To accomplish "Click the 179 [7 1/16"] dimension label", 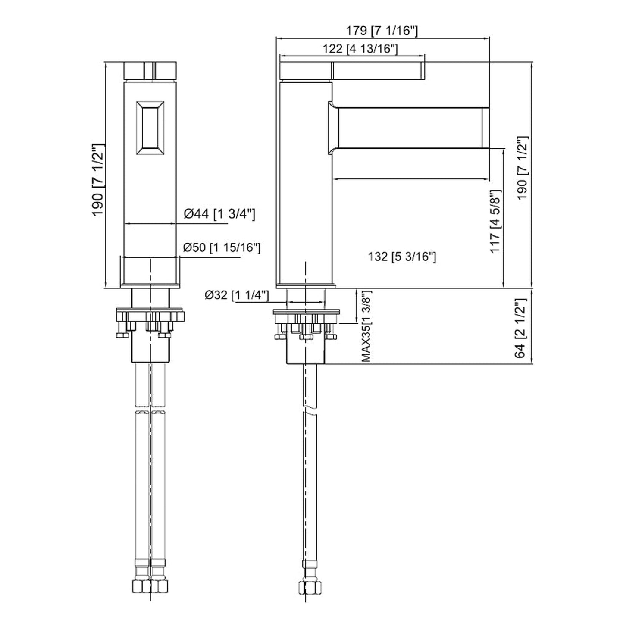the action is [x=382, y=31].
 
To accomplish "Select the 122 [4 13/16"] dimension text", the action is [x=360, y=49].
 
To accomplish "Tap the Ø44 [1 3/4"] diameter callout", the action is [x=219, y=214].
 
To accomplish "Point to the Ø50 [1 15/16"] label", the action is [x=222, y=248].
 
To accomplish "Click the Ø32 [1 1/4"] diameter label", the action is [x=237, y=295].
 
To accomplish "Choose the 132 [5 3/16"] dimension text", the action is [x=402, y=257].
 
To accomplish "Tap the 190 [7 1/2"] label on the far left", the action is [x=97, y=180].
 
